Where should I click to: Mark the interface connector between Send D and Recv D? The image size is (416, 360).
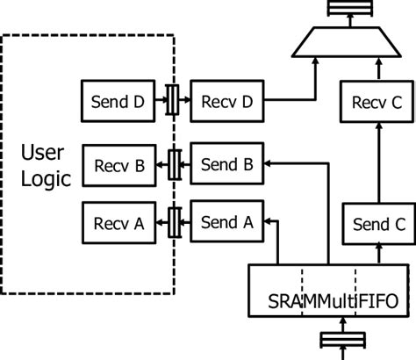click(174, 101)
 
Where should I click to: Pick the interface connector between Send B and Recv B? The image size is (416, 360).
click(174, 162)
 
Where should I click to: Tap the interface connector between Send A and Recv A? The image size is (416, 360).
click(174, 222)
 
